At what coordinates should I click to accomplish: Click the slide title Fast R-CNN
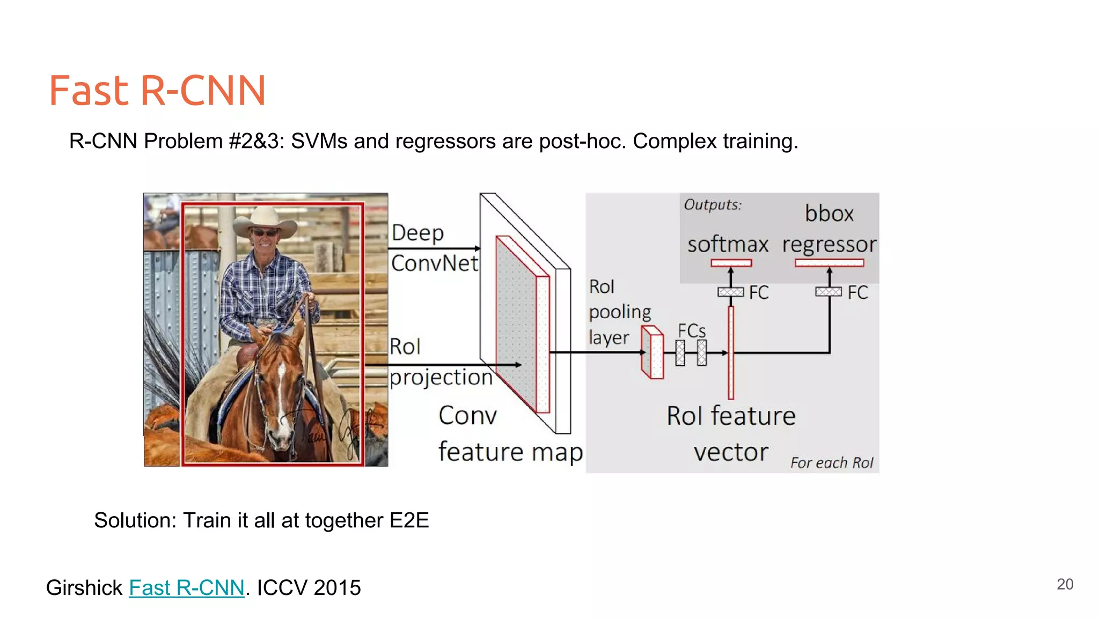tap(157, 90)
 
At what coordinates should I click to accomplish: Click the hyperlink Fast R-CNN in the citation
tap(186, 588)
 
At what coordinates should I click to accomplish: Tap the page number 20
tap(1065, 584)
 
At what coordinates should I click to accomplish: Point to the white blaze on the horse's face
tap(281, 392)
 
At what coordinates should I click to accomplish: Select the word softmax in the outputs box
tap(728, 245)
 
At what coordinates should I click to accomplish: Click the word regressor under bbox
tap(829, 245)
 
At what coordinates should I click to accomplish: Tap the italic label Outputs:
tap(712, 205)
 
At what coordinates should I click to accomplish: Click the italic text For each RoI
tap(831, 462)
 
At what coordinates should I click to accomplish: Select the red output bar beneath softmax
tap(731, 263)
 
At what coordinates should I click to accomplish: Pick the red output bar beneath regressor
tap(829, 263)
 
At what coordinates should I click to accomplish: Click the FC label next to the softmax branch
tap(759, 293)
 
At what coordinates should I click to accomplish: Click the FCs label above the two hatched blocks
tap(691, 331)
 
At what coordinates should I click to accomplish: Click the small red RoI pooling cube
tap(653, 352)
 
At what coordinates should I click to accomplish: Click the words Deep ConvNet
tap(434, 248)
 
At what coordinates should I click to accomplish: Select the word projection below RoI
tap(441, 378)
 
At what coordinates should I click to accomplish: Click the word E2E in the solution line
tap(409, 520)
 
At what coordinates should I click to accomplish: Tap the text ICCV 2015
tap(309, 588)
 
